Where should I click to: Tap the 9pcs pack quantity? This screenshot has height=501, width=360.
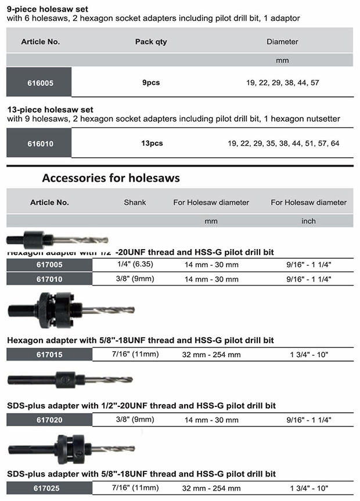point(151,82)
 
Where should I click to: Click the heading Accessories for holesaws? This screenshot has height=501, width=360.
point(110,178)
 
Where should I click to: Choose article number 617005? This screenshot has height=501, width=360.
point(49,264)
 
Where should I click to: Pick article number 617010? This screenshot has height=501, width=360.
point(49,279)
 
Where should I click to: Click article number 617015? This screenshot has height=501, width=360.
point(49,354)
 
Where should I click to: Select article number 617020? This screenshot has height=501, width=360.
point(49,419)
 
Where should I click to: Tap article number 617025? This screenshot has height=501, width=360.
point(49,488)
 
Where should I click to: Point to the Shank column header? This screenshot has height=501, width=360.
point(135,203)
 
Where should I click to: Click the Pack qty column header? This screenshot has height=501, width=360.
point(152,42)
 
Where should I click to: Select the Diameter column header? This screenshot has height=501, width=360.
point(282,42)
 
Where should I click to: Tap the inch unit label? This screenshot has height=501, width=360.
point(308,221)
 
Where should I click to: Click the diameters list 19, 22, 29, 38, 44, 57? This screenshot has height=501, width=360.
point(282,82)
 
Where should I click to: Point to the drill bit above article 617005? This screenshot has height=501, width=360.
point(57,239)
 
